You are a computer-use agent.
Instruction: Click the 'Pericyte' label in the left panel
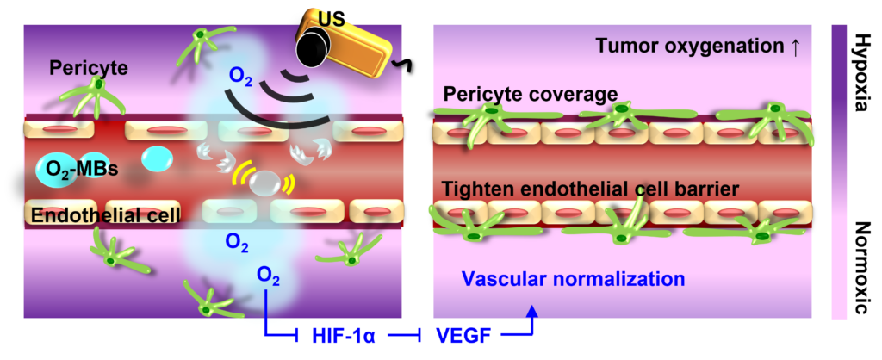(89, 69)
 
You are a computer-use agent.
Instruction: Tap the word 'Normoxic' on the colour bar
(860, 269)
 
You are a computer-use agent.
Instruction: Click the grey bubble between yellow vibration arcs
(264, 181)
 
